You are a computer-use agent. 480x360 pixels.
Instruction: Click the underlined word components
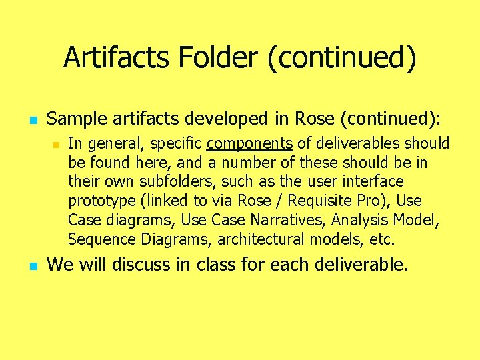tap(250, 144)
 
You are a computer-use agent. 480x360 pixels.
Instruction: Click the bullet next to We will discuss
tap(31, 266)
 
